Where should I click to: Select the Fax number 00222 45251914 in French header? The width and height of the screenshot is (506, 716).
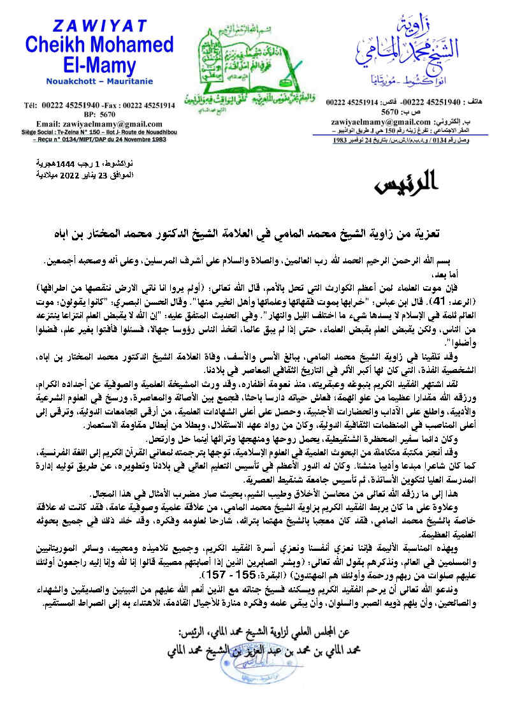tap(144, 105)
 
